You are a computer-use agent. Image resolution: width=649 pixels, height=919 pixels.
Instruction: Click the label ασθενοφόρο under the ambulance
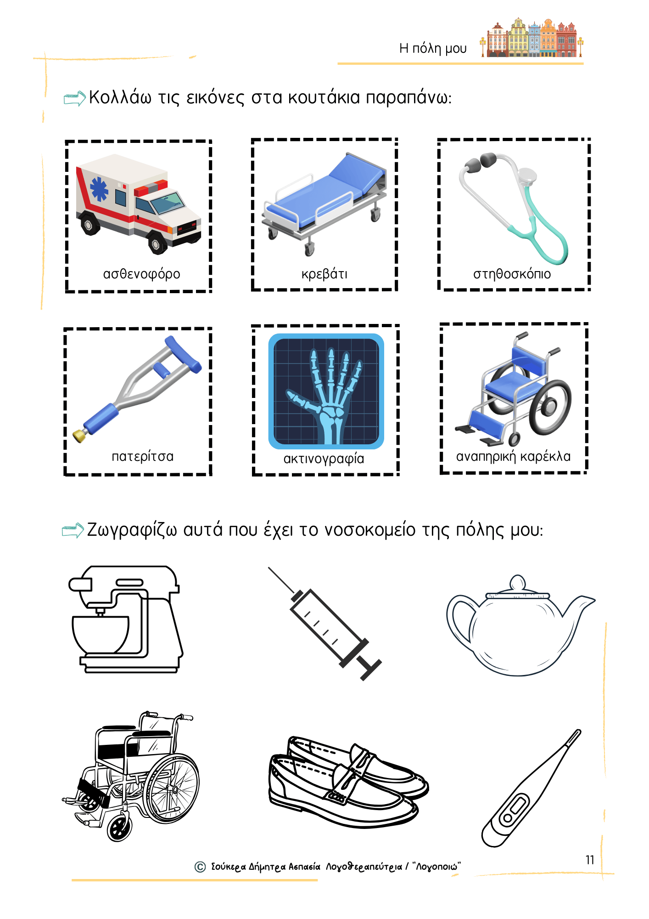141,274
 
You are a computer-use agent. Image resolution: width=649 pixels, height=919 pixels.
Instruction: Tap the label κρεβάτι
324,274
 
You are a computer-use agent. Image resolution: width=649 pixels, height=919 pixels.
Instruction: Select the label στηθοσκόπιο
512,274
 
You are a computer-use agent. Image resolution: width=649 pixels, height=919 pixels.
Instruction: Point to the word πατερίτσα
143,456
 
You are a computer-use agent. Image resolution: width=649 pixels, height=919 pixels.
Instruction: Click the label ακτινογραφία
324,459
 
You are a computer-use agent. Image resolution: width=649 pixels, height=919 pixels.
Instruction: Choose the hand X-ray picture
326,391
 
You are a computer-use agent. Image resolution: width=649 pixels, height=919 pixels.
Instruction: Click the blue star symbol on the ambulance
99,189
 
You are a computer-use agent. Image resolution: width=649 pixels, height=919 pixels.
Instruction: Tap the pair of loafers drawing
347,781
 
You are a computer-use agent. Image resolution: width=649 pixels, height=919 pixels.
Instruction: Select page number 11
590,860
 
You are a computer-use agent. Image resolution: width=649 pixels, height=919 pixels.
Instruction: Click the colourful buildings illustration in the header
532,39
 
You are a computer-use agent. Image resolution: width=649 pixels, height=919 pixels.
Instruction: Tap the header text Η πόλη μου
433,48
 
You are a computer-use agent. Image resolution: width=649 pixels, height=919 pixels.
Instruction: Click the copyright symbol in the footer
200,867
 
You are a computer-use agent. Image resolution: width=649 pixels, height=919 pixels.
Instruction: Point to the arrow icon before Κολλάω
74,98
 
